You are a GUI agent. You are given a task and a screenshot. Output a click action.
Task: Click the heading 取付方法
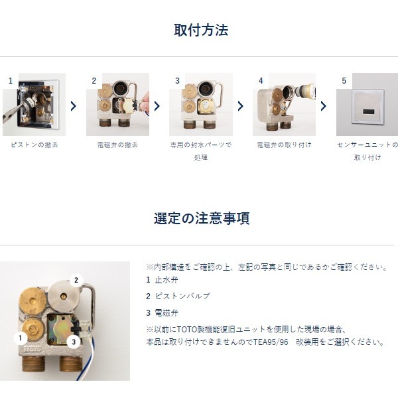pyautogui.click(x=201, y=30)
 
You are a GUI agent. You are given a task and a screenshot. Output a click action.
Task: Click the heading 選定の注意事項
pyautogui.click(x=202, y=218)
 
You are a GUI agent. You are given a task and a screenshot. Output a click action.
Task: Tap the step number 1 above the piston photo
pyautogui.click(x=11, y=81)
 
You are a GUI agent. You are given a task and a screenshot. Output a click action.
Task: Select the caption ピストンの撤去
pyautogui.click(x=34, y=145)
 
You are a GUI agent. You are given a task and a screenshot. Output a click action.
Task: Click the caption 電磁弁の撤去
pyautogui.click(x=117, y=145)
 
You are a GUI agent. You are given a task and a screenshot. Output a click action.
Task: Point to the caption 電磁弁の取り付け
pyautogui.click(x=284, y=145)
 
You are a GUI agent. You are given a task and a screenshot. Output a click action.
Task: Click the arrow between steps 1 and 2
pyautogui.click(x=74, y=106)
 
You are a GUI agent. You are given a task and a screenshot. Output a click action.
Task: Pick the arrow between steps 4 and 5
pyautogui.click(x=324, y=106)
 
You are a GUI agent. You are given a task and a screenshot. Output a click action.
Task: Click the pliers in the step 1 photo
pyautogui.click(x=15, y=110)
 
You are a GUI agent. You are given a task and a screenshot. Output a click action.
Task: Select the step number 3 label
pyautogui.click(x=177, y=81)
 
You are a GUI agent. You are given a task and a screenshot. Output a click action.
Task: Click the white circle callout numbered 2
pyautogui.click(x=76, y=281)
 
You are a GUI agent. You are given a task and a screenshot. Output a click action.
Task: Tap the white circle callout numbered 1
pyautogui.click(x=21, y=338)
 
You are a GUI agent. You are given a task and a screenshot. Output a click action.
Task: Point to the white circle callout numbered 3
pyautogui.click(x=74, y=342)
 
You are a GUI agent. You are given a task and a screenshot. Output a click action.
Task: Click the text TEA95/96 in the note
pyautogui.click(x=271, y=342)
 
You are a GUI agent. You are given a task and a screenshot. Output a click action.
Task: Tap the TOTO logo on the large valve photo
pyautogui.click(x=32, y=350)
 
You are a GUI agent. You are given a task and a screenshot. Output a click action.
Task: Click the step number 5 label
pyautogui.click(x=344, y=81)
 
